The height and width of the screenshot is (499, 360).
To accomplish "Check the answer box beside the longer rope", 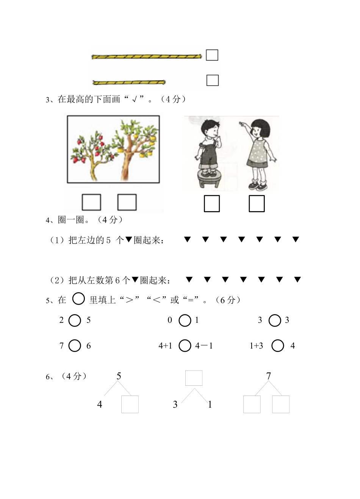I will pos(212,55).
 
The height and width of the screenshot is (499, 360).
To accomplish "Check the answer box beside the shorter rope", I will pos(212,80).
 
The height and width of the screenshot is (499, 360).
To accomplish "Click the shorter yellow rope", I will pos(129,82).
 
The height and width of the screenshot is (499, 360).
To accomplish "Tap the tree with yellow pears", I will pos(135,148).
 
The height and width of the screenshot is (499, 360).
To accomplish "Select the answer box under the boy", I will pos(212,203).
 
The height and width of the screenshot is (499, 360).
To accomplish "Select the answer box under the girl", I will pos(257,203).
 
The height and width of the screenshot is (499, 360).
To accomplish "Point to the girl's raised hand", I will pos(241,124).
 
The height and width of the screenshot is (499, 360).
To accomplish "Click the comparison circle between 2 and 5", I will pos(75,321).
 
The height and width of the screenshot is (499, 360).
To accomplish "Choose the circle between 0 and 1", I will pos(185,321).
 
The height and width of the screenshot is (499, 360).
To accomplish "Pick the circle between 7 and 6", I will pos(75,346).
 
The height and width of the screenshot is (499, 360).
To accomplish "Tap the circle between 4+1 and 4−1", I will pos(185,346).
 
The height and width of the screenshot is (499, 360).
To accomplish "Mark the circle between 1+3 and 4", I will pos(278,346).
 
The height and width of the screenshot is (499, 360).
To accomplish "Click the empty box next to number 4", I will pos(130,404).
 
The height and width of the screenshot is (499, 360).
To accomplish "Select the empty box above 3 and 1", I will pos(194,378).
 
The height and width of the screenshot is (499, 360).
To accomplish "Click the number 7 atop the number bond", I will pos(269,376).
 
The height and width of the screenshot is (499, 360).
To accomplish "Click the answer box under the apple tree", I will pos(92,202).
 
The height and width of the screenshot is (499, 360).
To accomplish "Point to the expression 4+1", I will pos(165,346).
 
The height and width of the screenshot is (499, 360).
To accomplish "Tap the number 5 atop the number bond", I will pos(119,376).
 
